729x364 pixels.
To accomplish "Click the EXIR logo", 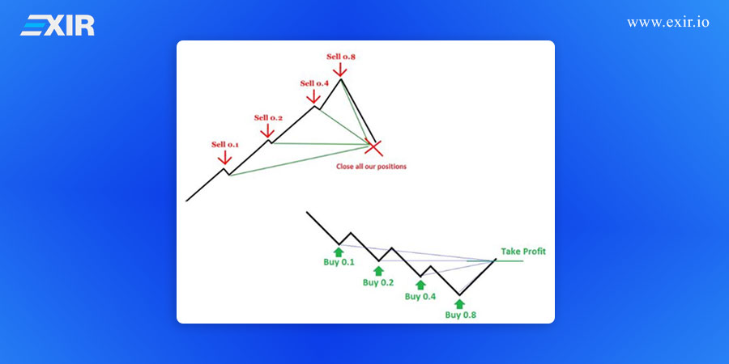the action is click(x=58, y=25).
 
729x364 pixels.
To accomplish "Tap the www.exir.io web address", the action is click(x=668, y=23).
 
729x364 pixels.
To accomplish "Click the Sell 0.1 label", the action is click(x=225, y=145).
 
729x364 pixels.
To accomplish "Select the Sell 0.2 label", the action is click(x=268, y=117).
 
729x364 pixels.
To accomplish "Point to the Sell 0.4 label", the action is click(x=314, y=83).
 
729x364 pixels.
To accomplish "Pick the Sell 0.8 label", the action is click(x=341, y=57).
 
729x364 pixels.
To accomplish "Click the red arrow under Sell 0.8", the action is click(x=340, y=70).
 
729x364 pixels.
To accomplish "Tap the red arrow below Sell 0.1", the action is click(x=224, y=158).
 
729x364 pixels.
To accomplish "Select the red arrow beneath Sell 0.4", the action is click(x=313, y=96).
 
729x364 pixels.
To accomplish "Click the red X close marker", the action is click(x=373, y=147).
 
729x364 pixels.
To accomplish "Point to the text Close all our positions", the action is click(x=371, y=166).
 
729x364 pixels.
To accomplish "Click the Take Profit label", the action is click(x=523, y=252).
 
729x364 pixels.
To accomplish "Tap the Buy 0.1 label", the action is click(x=339, y=262).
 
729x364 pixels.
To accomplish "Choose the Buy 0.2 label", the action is click(x=378, y=282).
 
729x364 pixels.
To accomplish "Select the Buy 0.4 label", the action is click(x=420, y=296).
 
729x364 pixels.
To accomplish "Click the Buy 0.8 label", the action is click(x=460, y=315).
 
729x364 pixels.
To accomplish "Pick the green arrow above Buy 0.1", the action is click(x=339, y=252).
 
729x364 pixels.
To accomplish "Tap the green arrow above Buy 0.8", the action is click(x=460, y=304).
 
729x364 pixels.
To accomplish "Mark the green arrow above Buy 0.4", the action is click(x=420, y=286).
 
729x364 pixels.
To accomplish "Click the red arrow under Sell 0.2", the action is click(x=267, y=131).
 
